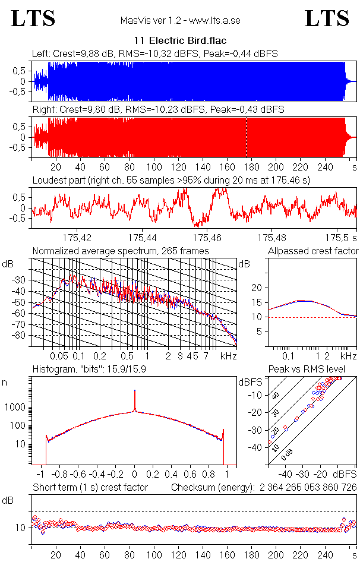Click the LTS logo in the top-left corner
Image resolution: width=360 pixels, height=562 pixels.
coord(33,18)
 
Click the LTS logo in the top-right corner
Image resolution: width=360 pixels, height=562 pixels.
coord(326,18)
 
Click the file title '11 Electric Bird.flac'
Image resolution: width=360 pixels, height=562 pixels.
coord(180,41)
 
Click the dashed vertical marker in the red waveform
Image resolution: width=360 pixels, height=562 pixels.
coord(246,137)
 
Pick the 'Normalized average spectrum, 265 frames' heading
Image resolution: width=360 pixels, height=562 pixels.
coord(121,251)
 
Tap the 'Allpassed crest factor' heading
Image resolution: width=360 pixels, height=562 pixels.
coord(313,251)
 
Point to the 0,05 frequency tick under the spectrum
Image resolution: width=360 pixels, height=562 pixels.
coord(59,356)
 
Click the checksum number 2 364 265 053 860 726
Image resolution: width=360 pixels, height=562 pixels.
coord(295,488)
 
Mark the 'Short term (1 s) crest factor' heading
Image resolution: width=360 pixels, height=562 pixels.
coord(90,488)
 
